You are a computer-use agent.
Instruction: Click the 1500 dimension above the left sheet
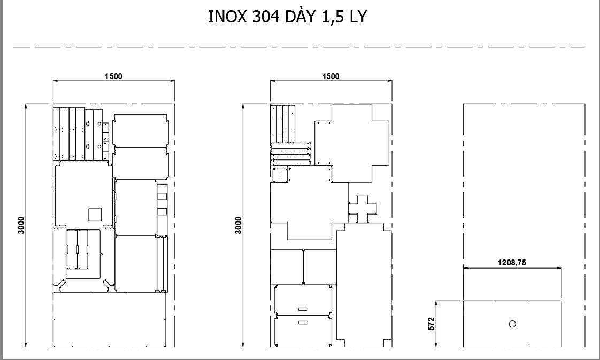114,76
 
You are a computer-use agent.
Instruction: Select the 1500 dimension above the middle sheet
331,76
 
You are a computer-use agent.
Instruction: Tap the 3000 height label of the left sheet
21,225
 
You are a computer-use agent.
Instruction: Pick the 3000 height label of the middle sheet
239,225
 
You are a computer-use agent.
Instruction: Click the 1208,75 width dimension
512,263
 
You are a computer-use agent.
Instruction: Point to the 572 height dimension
432,324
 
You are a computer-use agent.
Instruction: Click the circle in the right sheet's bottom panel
512,324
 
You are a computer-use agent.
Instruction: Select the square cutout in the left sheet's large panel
95,215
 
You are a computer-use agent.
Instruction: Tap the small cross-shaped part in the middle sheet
363,209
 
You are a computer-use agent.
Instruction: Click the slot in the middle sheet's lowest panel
303,323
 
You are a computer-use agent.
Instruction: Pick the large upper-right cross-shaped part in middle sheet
352,143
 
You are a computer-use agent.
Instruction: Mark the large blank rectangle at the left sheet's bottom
109,319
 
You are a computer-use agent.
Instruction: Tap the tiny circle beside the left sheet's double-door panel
102,255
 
